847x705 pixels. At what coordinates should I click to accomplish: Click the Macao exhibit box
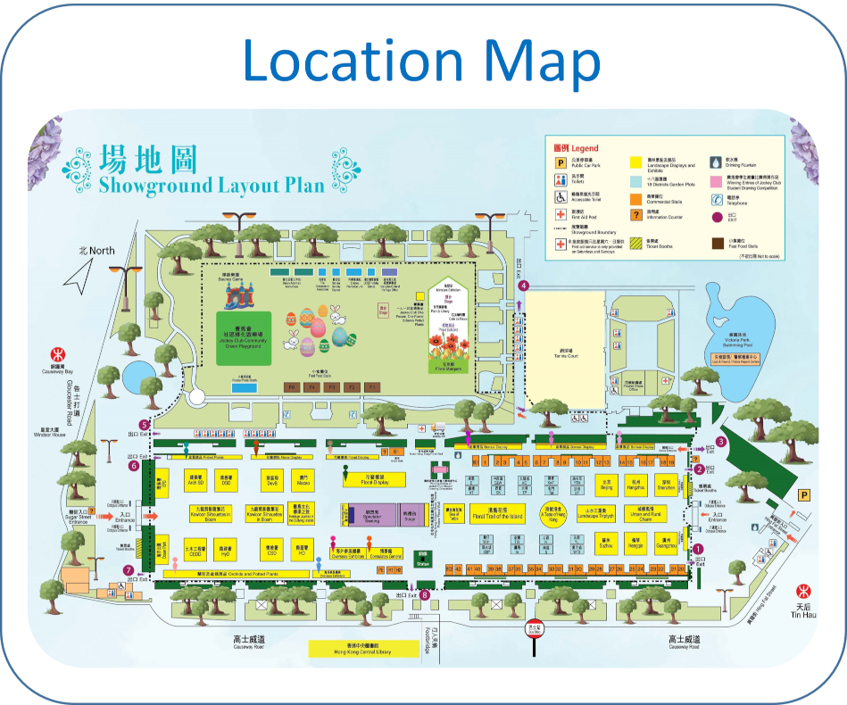[x=303, y=481]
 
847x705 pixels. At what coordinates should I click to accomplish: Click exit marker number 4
[x=525, y=286]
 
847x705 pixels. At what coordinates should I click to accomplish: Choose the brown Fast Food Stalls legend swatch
[x=717, y=241]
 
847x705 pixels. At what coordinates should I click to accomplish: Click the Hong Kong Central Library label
[x=363, y=649]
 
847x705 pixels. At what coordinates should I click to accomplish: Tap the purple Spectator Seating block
[x=371, y=515]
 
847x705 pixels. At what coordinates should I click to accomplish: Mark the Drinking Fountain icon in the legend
[x=717, y=162]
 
